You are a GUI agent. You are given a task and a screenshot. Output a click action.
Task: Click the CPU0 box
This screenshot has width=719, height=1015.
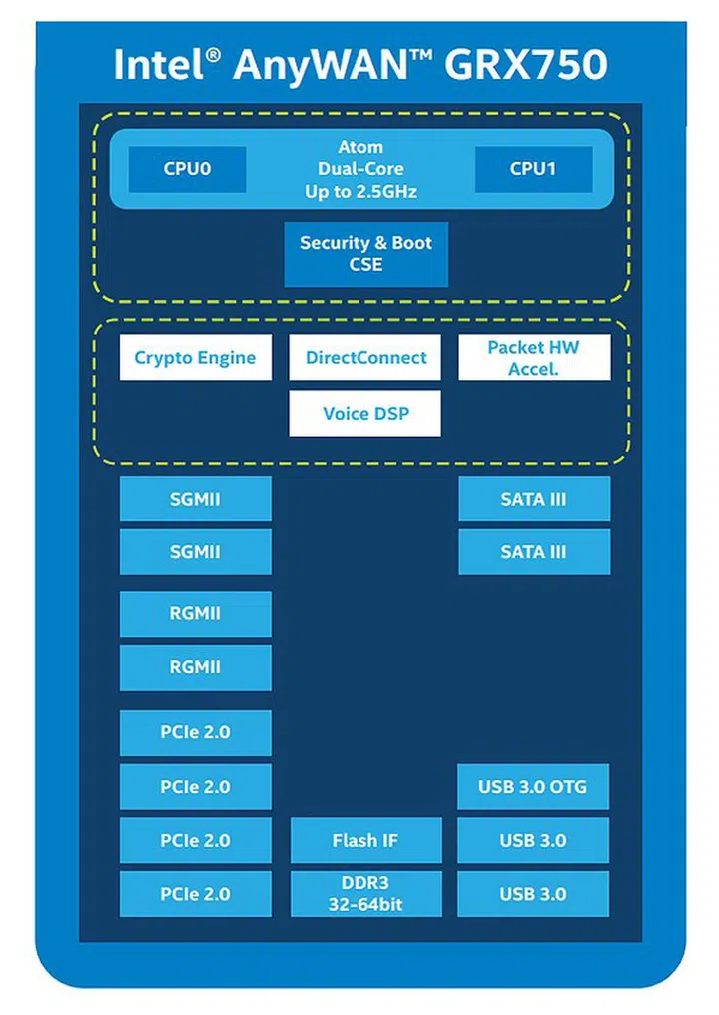[x=187, y=169]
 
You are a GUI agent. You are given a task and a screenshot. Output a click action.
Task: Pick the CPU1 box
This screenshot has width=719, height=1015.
[x=533, y=169]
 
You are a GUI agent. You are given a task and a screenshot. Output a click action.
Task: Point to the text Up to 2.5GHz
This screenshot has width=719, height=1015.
[x=360, y=191]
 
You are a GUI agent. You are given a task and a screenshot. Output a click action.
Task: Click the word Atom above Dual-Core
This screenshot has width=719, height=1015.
[x=360, y=147]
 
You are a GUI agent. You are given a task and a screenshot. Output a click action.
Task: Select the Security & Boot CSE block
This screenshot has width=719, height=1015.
[x=365, y=254]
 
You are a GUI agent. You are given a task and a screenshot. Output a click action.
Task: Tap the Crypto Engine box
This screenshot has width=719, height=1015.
[x=195, y=358]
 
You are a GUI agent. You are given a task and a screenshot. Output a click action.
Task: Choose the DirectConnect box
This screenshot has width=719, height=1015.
[x=365, y=358]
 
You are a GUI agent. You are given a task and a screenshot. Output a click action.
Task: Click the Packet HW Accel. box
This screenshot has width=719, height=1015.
[x=534, y=358]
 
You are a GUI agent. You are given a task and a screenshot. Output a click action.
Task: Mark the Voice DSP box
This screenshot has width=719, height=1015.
[x=365, y=414]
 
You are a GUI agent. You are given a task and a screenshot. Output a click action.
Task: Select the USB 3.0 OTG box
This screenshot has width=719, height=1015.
[x=533, y=787]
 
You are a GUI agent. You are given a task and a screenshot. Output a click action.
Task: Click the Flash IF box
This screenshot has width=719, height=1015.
[x=365, y=841]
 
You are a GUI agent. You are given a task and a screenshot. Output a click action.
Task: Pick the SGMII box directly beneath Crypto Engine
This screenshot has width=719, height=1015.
[x=195, y=499]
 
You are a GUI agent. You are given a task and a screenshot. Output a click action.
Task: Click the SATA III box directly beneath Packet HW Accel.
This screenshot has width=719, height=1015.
[x=534, y=499]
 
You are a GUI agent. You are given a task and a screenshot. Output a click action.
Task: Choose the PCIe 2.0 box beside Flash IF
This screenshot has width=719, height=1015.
[x=195, y=841]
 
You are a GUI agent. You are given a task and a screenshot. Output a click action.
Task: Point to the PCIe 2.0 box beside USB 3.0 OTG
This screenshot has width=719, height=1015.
[x=195, y=787]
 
